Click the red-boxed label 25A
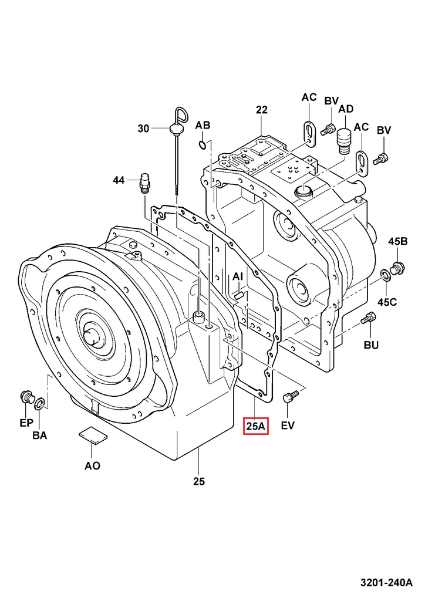pyautogui.click(x=256, y=426)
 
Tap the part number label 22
pyautogui.click(x=262, y=110)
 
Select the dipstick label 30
pyautogui.click(x=144, y=129)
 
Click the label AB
pyautogui.click(x=203, y=125)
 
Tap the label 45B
pyautogui.click(x=397, y=241)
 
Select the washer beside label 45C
pyautogui.click(x=386, y=275)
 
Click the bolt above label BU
pyautogui.click(x=368, y=319)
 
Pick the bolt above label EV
pyautogui.click(x=287, y=399)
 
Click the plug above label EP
pyautogui.click(x=26, y=397)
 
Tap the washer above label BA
pyautogui.click(x=39, y=404)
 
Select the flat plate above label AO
pyautogui.click(x=92, y=435)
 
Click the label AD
pyautogui.click(x=346, y=109)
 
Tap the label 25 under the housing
pyautogui.click(x=199, y=481)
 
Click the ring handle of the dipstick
pyautogui.click(x=178, y=114)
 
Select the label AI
pyautogui.click(x=238, y=276)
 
